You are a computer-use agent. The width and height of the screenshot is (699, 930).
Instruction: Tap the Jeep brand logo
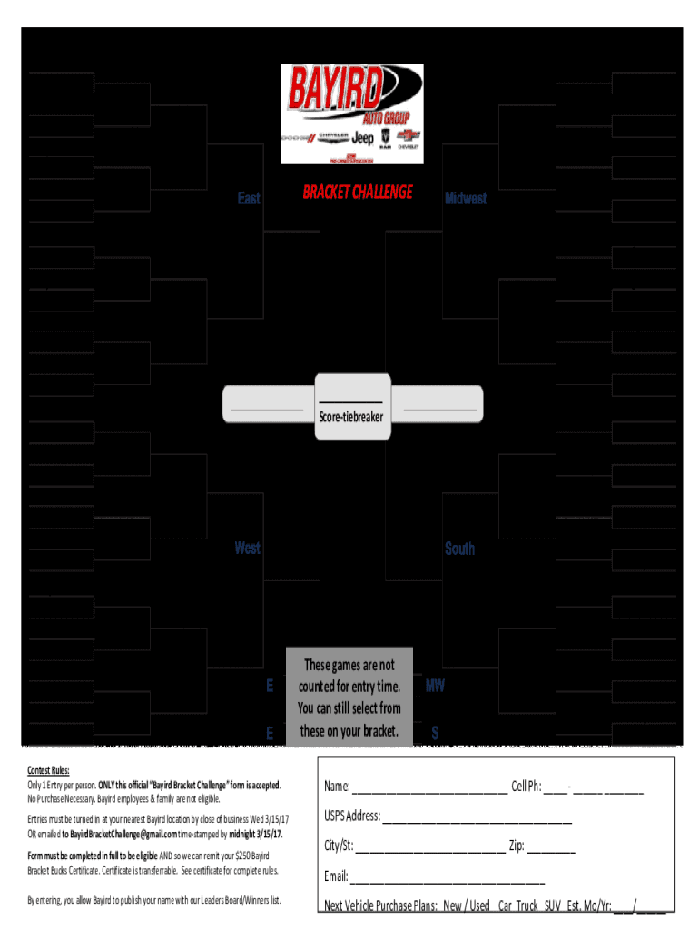362,138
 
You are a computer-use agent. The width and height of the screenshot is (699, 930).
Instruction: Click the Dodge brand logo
296,138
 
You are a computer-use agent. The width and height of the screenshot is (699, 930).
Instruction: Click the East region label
249,198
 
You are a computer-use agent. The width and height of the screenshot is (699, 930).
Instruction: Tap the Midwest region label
466,198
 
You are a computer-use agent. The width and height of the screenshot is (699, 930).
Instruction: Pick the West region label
247,548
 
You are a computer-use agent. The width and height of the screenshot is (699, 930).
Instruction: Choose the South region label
459,549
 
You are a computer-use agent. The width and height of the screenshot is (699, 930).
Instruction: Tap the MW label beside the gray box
435,686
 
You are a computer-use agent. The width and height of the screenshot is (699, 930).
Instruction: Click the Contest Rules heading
48,770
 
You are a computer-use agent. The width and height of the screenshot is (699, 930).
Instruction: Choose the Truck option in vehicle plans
527,906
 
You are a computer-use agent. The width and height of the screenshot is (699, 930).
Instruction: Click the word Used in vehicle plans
479,906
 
